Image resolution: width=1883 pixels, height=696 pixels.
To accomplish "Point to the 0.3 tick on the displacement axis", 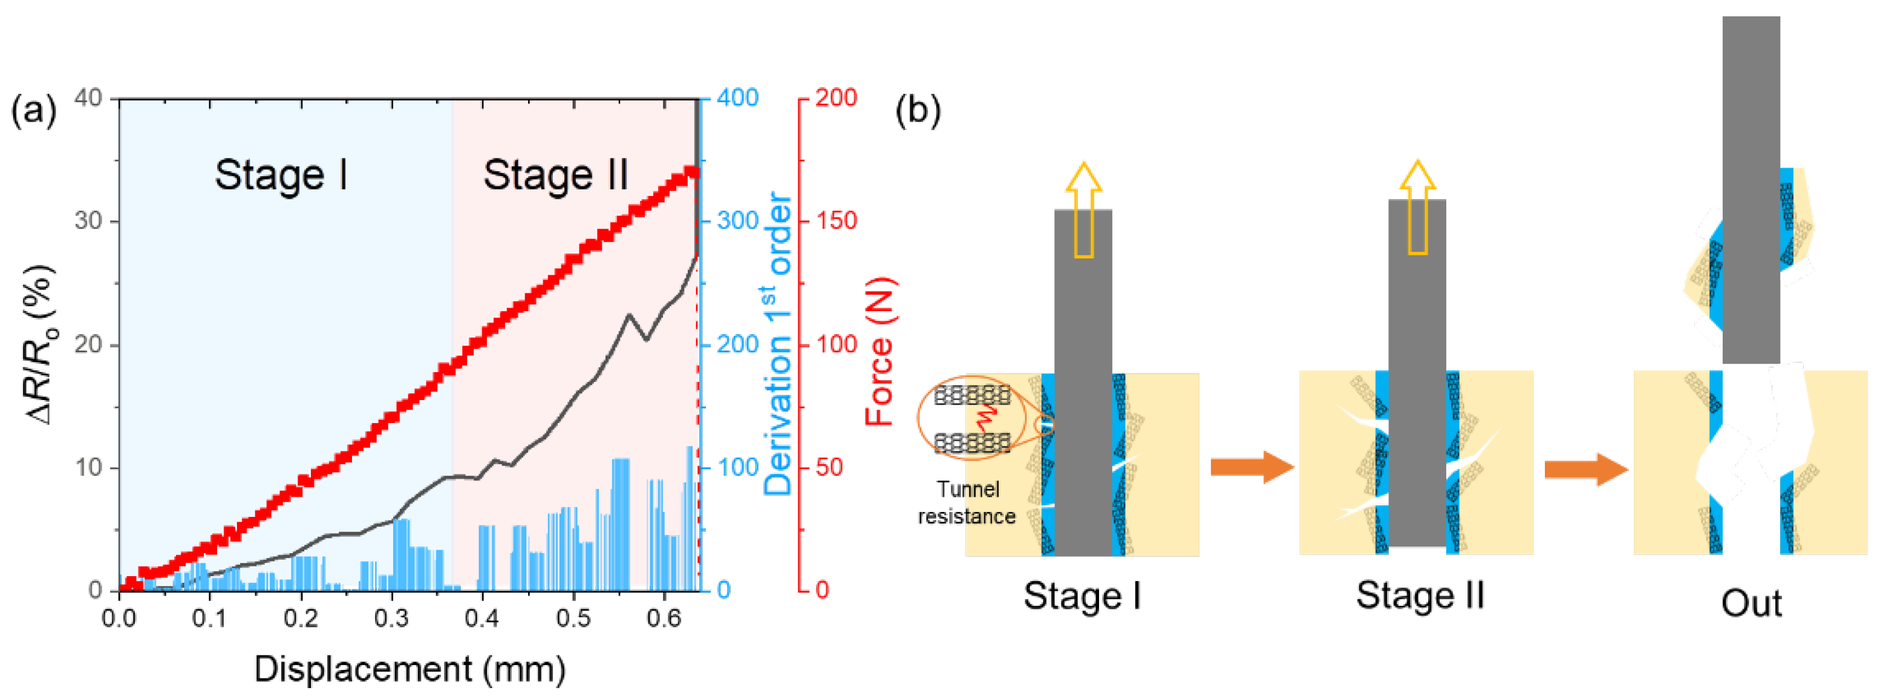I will click(x=391, y=619).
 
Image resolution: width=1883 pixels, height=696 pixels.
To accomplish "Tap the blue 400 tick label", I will click(x=737, y=97).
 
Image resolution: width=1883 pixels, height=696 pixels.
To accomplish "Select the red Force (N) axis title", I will click(x=880, y=351).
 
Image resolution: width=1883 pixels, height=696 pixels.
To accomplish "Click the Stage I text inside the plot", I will click(x=281, y=176).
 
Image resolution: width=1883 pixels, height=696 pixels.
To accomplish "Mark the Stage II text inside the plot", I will click(x=555, y=176).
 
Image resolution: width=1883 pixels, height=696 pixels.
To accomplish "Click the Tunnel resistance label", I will click(x=967, y=503).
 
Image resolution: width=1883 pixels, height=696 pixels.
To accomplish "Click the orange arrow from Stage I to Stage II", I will click(x=1252, y=467).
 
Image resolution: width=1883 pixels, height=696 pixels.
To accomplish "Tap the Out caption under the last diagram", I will click(x=1751, y=604).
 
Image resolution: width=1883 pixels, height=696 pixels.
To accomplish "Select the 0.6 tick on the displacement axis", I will click(x=664, y=619).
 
